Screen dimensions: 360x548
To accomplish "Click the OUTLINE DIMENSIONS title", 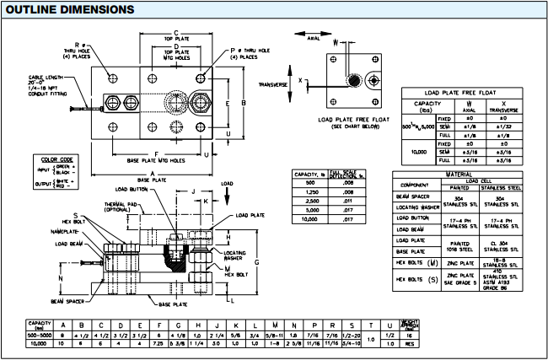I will tap(69, 9).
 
